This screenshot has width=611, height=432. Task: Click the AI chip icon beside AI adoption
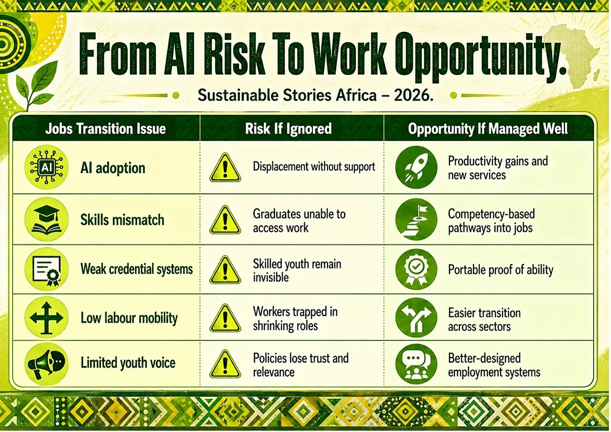pyautogui.click(x=46, y=167)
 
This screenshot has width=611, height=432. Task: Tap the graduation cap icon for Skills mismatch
pyautogui.click(x=46, y=219)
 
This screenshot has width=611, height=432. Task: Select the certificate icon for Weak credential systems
pyautogui.click(x=46, y=269)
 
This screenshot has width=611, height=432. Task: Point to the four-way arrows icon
pyautogui.click(x=46, y=317)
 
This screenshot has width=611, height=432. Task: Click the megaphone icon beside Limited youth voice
pyautogui.click(x=46, y=364)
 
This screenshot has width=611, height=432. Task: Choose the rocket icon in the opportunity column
pyautogui.click(x=416, y=167)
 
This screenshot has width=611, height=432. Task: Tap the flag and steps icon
pyautogui.click(x=416, y=219)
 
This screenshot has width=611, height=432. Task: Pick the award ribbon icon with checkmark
pyautogui.click(x=416, y=269)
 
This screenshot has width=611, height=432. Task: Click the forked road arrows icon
pyautogui.click(x=416, y=317)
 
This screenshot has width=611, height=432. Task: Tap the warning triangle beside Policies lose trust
pyautogui.click(x=225, y=364)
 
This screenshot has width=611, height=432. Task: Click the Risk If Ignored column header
pyautogui.click(x=288, y=129)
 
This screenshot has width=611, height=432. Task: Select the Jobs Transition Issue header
pyautogui.click(x=106, y=129)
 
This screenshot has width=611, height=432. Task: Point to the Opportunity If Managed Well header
pyautogui.click(x=488, y=129)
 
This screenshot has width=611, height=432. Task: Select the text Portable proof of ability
pyautogui.click(x=501, y=270)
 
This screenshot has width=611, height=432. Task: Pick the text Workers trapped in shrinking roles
pyautogui.click(x=295, y=319)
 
